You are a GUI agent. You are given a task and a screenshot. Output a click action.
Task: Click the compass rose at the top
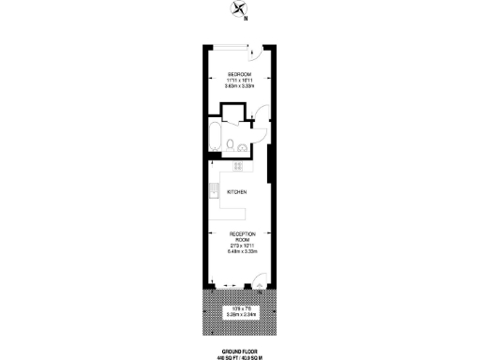coord(235,12)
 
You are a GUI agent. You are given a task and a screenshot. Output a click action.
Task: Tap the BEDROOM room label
coord(239,74)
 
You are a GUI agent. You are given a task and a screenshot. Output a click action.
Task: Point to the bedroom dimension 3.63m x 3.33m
coord(239,85)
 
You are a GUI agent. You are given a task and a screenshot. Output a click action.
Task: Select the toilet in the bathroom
coord(230,145)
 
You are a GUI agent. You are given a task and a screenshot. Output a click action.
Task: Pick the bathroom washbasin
coord(243,146)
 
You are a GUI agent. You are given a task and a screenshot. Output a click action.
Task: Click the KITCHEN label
coord(236,192)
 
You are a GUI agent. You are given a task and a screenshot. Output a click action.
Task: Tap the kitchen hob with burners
coord(237,167)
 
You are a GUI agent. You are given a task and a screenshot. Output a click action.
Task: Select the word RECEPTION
coord(239,235)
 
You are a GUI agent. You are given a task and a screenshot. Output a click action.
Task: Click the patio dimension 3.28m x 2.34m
coord(239,315)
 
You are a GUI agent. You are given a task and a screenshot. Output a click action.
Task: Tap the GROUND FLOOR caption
coord(239,346)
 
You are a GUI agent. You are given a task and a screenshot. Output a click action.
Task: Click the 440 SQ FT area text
coord(225,352)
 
